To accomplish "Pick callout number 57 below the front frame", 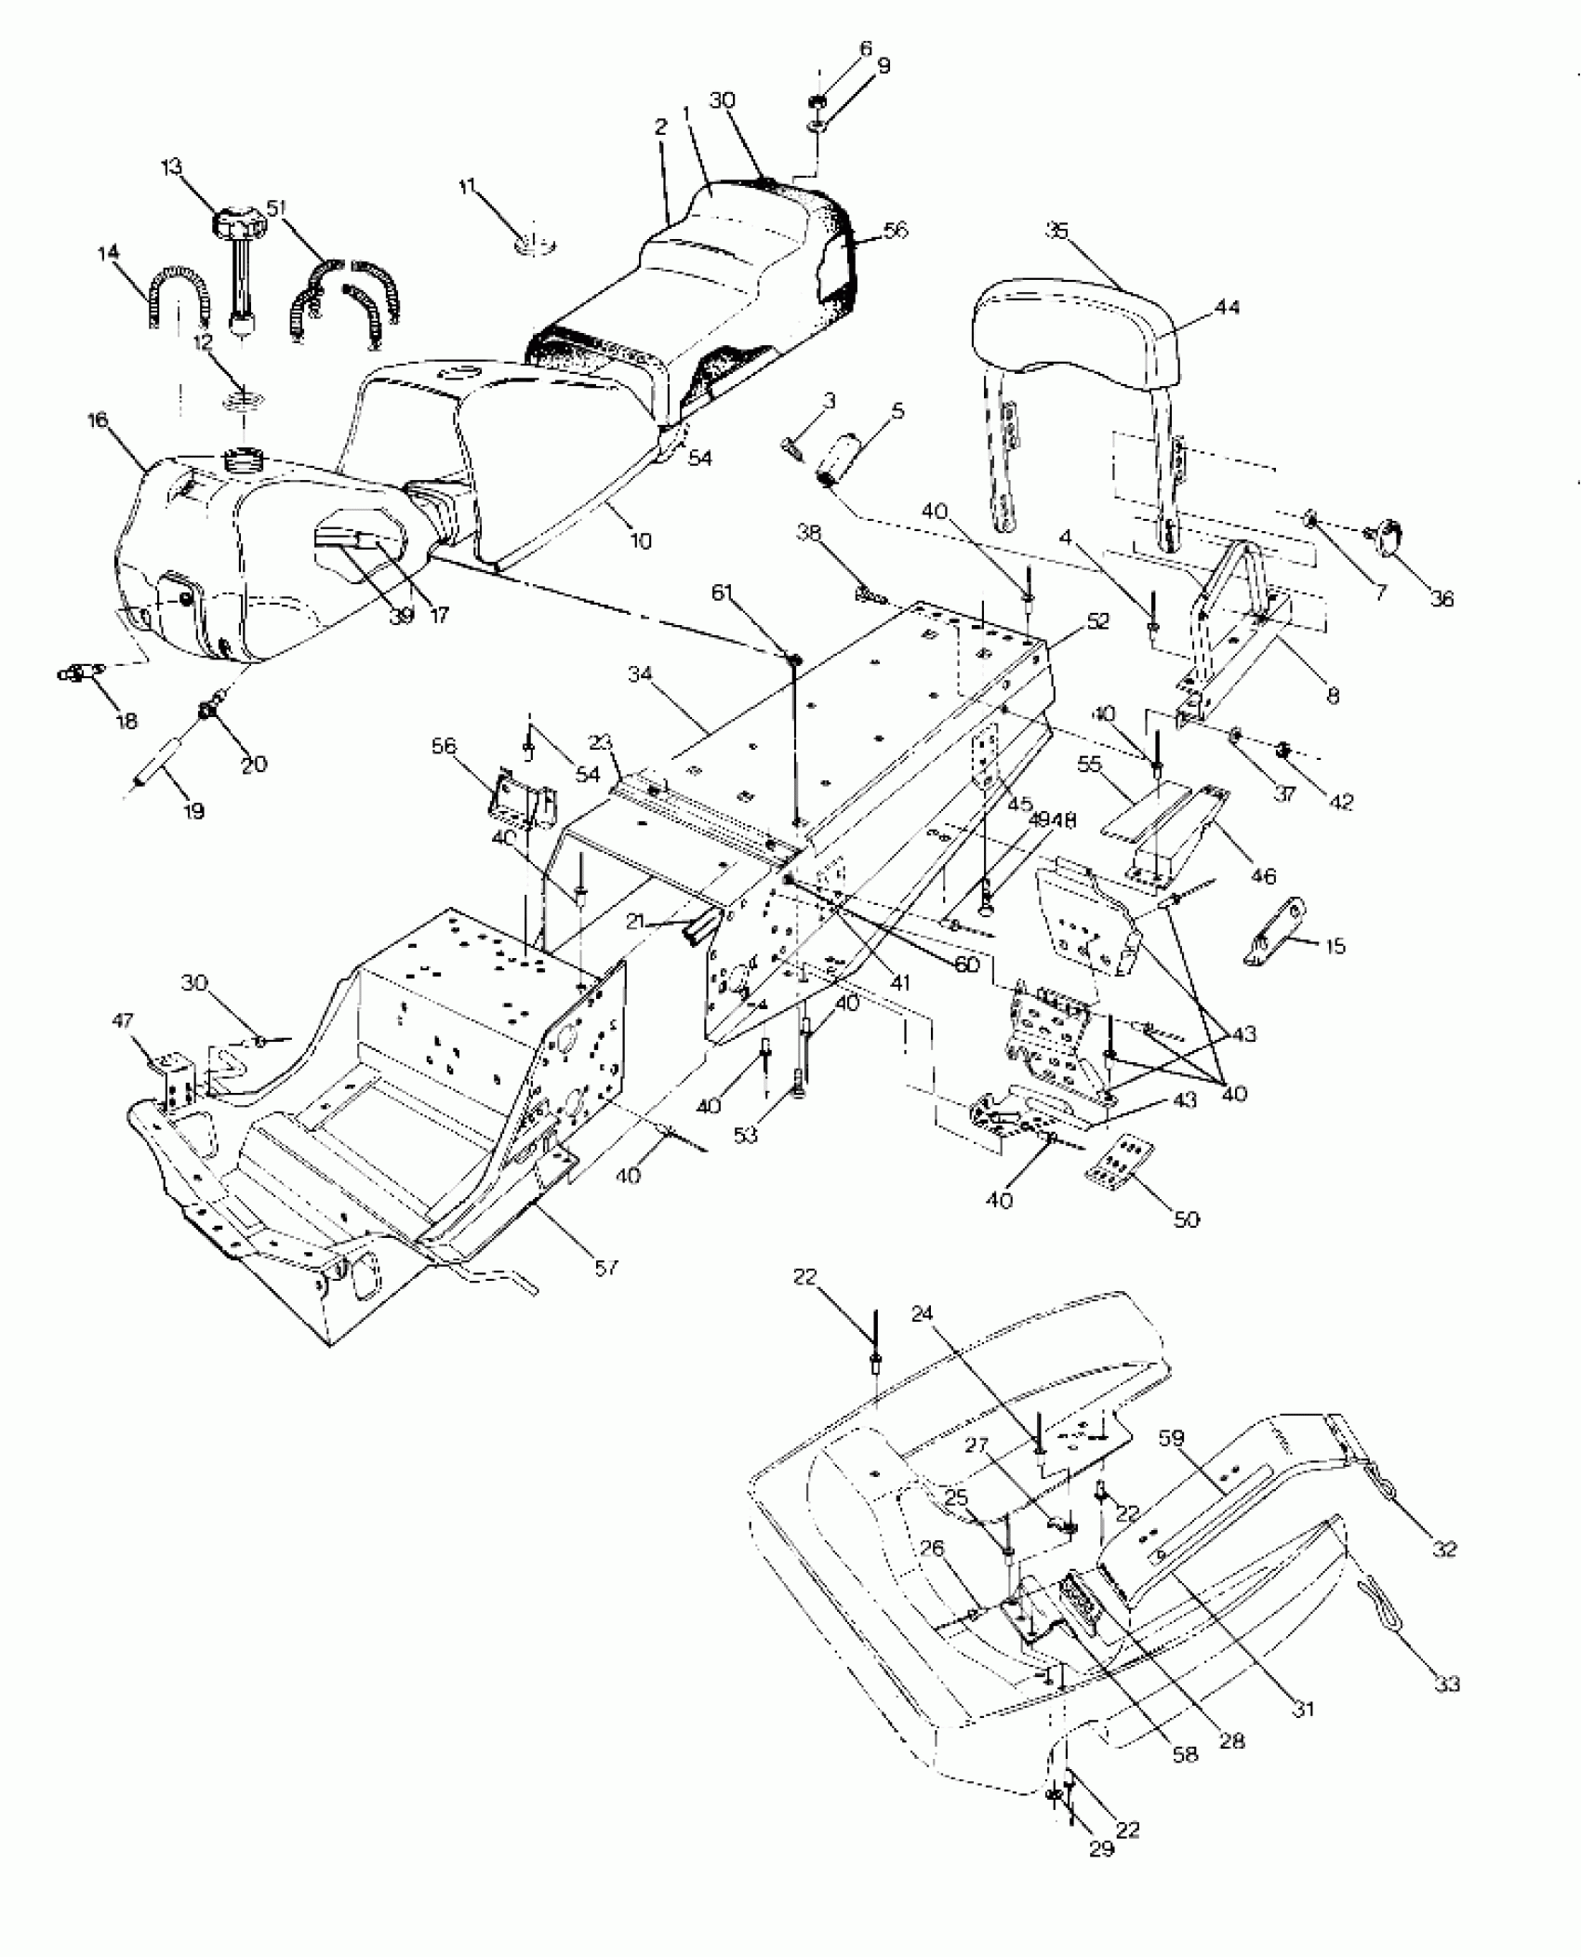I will click(606, 1267).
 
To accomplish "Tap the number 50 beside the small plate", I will click(1187, 1218).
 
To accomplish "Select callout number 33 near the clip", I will click(1447, 1684).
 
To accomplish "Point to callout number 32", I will click(1445, 1550).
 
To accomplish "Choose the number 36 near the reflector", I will click(1441, 601).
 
